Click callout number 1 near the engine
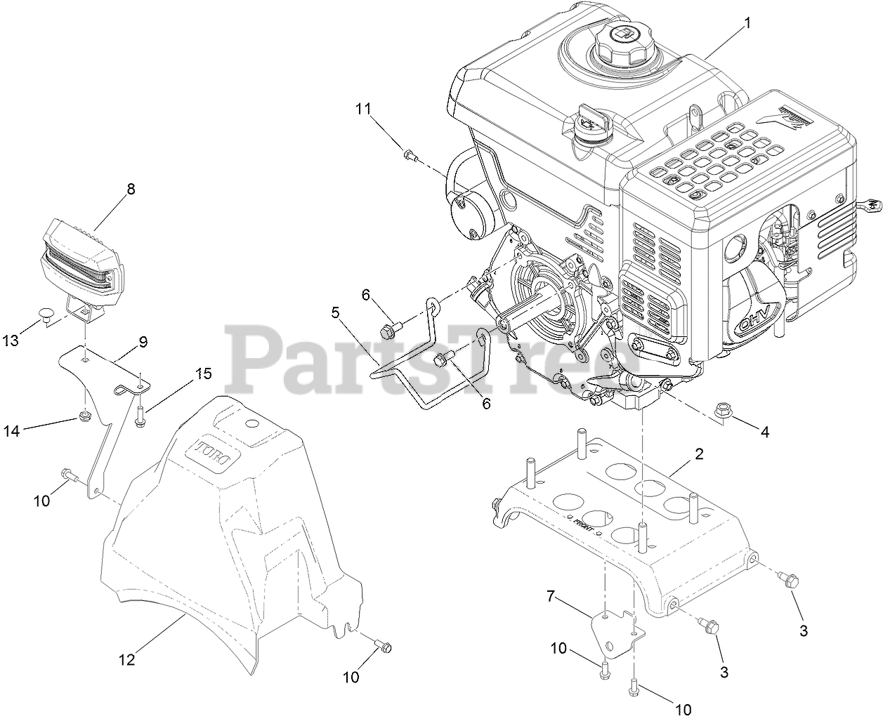747,22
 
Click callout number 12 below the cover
126,660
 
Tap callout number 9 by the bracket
143,342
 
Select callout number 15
203,373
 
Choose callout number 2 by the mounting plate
699,454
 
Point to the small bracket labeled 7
609,627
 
